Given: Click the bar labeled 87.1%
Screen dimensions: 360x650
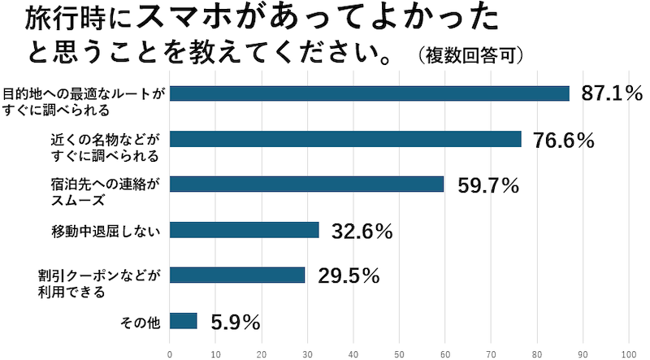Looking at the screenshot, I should [x=369, y=93].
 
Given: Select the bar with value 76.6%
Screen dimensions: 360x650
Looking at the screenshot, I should [x=344, y=139].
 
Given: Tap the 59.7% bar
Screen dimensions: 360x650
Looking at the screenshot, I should [x=306, y=184].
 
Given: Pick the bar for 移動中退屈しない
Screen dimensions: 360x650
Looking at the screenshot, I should [x=244, y=230].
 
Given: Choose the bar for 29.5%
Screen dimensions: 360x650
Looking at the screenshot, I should [x=236, y=275].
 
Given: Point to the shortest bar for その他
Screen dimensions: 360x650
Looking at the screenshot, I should [x=183, y=321].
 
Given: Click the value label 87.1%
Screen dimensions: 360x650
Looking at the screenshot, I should [x=613, y=94].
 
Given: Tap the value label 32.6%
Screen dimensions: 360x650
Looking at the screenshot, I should [x=362, y=231].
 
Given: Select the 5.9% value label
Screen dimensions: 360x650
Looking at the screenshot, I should [x=236, y=322].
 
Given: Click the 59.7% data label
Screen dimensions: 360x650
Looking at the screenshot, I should [x=487, y=185].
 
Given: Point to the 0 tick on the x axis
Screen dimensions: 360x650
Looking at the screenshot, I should [x=170, y=353].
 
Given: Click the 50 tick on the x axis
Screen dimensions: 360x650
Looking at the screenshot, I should [x=399, y=353].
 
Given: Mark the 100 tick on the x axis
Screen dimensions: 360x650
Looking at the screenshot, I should [x=628, y=353].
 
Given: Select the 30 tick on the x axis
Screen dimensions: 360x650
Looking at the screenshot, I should [x=307, y=353].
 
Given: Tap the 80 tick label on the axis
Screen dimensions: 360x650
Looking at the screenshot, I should [x=536, y=353].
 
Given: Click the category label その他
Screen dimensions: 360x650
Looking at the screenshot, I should [x=141, y=322].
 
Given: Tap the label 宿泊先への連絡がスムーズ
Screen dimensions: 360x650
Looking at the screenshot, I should [x=106, y=185].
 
